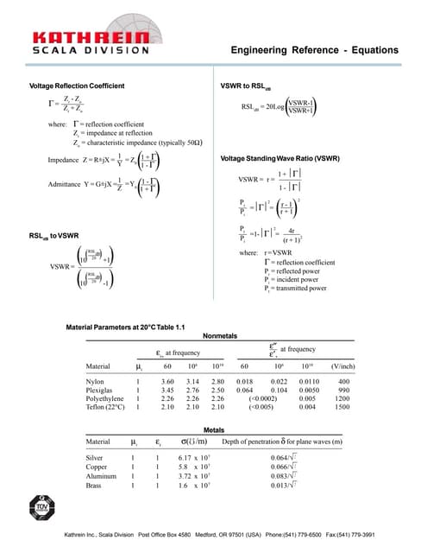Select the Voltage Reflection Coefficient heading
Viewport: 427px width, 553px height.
pyautogui.click(x=78, y=86)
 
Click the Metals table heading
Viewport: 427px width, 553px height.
pyautogui.click(x=213, y=429)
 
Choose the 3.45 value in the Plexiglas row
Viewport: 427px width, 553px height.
pyautogui.click(x=167, y=390)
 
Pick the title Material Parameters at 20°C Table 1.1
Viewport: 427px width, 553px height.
pyautogui.click(x=126, y=326)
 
